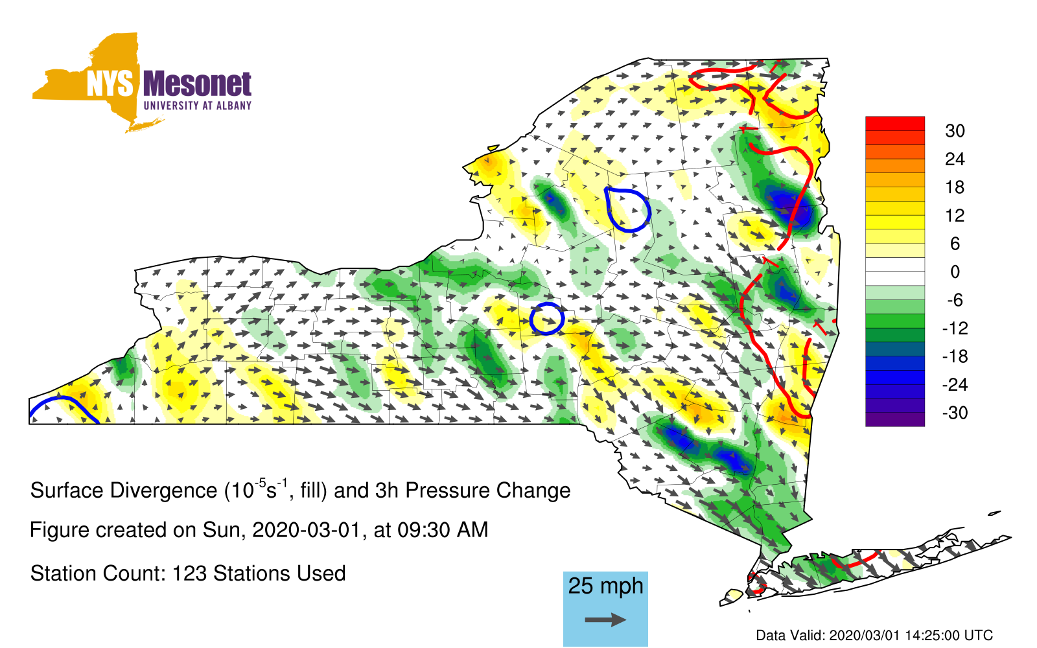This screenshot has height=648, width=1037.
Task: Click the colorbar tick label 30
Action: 955,131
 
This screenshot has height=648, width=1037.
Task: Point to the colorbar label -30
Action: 955,413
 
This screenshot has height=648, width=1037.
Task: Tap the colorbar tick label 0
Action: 955,272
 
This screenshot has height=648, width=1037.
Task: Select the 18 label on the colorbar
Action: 955,187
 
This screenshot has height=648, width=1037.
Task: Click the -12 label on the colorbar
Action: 955,329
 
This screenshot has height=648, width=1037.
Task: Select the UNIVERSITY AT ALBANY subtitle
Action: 197,106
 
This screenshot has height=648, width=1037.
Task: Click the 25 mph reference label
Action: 605,586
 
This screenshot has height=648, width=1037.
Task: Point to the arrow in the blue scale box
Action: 605,619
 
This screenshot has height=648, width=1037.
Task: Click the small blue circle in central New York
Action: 547,318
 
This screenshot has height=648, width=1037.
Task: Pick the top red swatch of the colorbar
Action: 895,124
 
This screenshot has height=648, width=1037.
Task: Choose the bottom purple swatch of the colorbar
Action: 895,419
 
